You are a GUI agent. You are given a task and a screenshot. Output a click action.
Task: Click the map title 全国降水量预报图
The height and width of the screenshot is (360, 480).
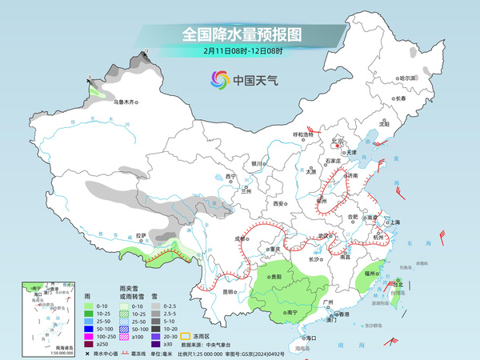pyautogui.click(x=240, y=34)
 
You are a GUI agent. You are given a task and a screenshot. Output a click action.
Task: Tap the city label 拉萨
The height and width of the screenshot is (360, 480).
pyautogui.click(x=142, y=235)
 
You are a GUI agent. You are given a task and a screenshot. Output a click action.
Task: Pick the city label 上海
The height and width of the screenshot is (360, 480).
pyautogui.click(x=394, y=222)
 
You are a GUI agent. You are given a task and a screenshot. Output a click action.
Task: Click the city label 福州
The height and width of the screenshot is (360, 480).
pyautogui.click(x=370, y=274)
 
